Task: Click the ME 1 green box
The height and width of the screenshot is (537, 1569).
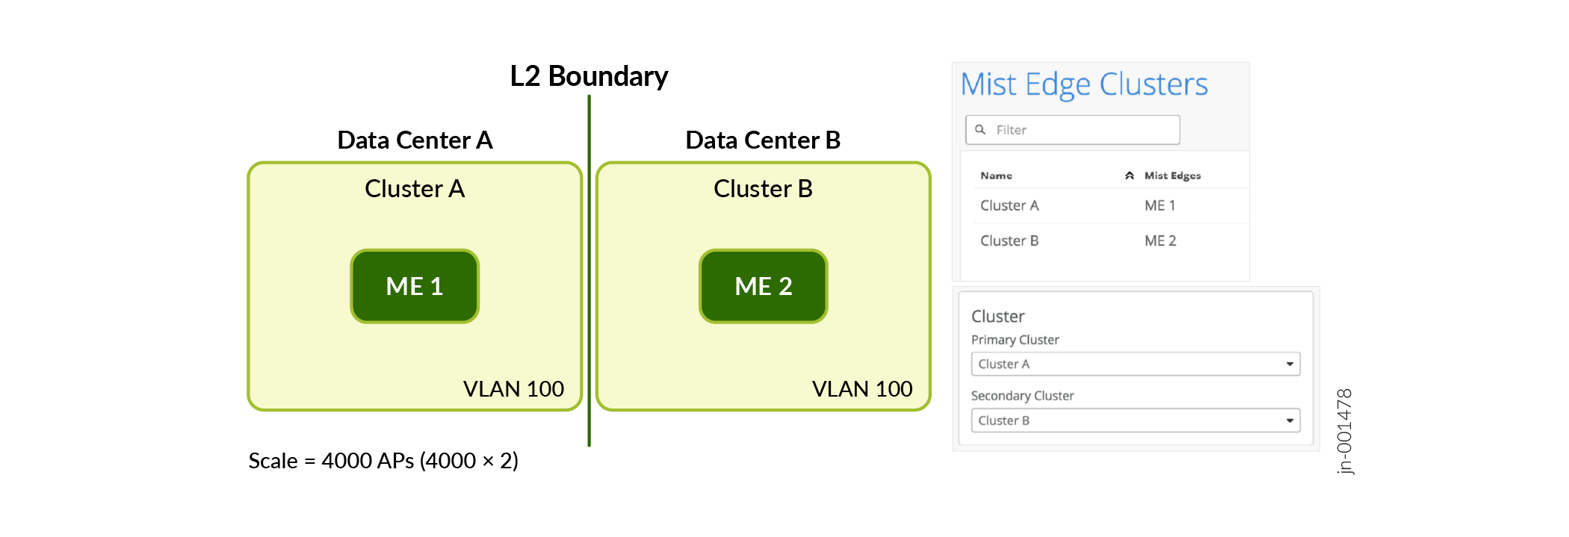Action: tap(415, 286)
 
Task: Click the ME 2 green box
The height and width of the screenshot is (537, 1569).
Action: tap(763, 286)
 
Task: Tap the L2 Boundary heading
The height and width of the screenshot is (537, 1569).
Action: tap(589, 76)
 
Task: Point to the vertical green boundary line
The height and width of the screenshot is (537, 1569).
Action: tap(589, 299)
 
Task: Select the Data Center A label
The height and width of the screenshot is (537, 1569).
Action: tap(415, 140)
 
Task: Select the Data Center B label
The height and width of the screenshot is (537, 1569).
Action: tap(763, 140)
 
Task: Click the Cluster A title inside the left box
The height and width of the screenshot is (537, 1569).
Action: tap(415, 189)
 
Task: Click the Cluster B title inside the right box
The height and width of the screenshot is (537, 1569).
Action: tap(763, 189)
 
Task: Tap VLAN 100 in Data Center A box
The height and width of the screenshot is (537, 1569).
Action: tap(513, 389)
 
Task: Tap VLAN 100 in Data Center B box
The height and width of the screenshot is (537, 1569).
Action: tap(862, 389)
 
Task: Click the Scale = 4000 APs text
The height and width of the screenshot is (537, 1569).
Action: tap(383, 461)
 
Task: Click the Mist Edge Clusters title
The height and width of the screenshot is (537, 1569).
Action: tap(1083, 84)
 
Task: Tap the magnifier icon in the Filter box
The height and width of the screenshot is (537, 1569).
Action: tap(980, 129)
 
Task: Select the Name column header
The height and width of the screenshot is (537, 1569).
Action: tap(996, 176)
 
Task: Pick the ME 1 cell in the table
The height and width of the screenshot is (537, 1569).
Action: tap(1160, 205)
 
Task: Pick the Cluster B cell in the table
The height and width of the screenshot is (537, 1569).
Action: tap(1009, 240)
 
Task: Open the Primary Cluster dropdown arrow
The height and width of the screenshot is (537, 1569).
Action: tap(1290, 364)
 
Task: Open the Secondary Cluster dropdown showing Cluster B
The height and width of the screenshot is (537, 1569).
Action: tap(1135, 420)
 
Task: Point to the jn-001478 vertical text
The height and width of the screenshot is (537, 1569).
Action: tap(1344, 431)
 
